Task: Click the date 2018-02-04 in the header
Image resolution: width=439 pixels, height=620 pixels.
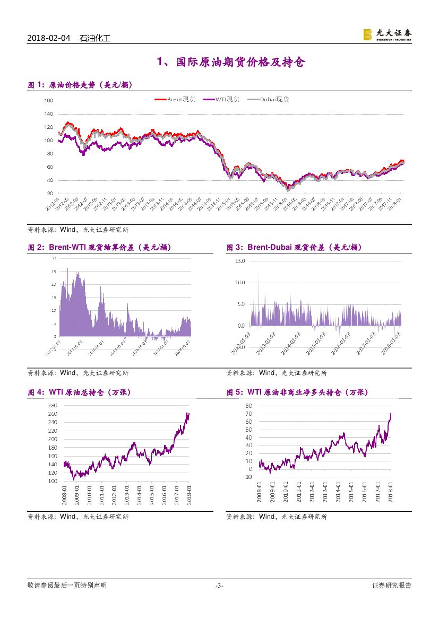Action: click(x=48, y=38)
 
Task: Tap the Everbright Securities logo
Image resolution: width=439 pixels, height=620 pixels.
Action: click(x=387, y=34)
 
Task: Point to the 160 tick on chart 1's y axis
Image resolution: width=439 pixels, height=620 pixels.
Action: click(x=48, y=101)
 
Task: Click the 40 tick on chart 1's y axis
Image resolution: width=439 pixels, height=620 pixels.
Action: click(x=49, y=180)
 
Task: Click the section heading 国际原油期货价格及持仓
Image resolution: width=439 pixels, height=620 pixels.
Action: click(x=231, y=63)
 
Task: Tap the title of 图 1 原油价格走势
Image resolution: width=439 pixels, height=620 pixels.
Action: click(x=80, y=85)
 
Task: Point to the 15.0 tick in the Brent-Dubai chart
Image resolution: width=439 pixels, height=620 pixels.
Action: click(x=239, y=261)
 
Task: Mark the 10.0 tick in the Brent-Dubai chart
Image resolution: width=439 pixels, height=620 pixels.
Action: click(x=239, y=283)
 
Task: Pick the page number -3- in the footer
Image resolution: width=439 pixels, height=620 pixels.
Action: click(x=219, y=586)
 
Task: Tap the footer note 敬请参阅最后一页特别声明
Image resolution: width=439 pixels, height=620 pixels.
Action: click(x=67, y=586)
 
